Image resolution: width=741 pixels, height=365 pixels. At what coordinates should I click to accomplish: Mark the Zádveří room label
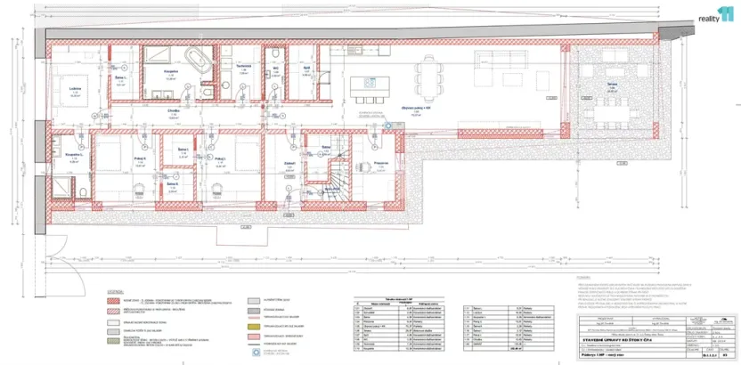click(289, 163)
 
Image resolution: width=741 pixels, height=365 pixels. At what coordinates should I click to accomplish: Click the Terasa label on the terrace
click(612, 85)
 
